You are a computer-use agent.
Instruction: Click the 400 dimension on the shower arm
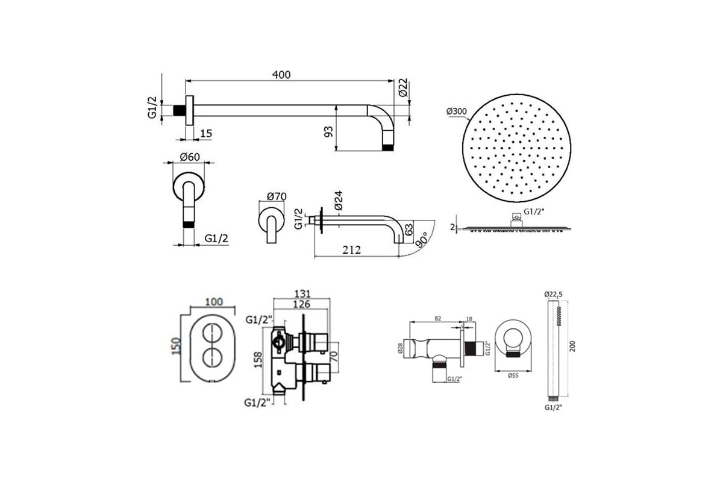[x=281, y=75]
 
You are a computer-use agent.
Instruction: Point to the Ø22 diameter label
[x=403, y=87]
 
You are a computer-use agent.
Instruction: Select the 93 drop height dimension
[x=328, y=132]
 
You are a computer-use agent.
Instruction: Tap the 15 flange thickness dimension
[x=206, y=133]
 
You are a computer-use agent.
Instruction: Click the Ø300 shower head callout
[x=457, y=111]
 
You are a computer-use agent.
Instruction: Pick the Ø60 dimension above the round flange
[x=190, y=157]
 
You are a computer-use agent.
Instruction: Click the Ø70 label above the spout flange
[x=277, y=196]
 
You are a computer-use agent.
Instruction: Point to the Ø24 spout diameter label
[x=338, y=201]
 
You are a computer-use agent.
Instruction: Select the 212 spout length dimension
[x=351, y=250]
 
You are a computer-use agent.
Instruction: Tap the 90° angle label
[x=422, y=240]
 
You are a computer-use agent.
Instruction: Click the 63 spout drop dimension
[x=408, y=229]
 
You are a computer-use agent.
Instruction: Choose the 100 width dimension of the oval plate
[x=214, y=302]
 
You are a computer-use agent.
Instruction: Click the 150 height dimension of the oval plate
[x=176, y=346]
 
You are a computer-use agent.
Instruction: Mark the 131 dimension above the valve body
[x=302, y=294]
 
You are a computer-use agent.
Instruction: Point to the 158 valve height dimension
[x=258, y=360]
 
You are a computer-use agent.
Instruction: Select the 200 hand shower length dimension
[x=572, y=346]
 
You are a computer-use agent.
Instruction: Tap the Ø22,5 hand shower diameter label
[x=553, y=294]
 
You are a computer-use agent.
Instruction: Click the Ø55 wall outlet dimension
[x=513, y=375]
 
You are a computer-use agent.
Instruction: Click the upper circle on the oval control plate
[x=212, y=333]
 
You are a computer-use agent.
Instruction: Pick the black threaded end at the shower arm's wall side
[x=179, y=110]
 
